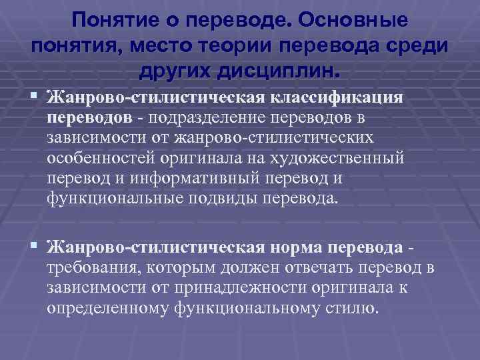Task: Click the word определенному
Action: pos(109,307)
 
